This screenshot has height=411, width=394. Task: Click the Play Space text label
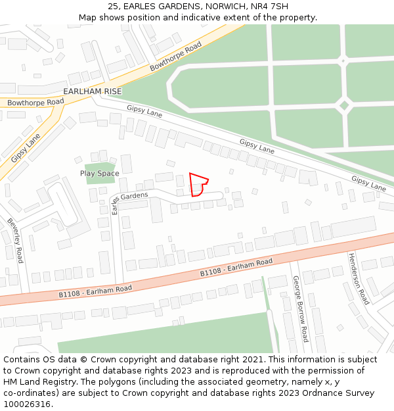100,174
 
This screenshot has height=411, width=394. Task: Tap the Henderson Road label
359,278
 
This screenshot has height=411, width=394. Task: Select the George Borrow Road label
300,309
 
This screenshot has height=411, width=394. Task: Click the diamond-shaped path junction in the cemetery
343,105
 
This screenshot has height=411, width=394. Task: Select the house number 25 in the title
114,6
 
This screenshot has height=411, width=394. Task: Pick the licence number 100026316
28,404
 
